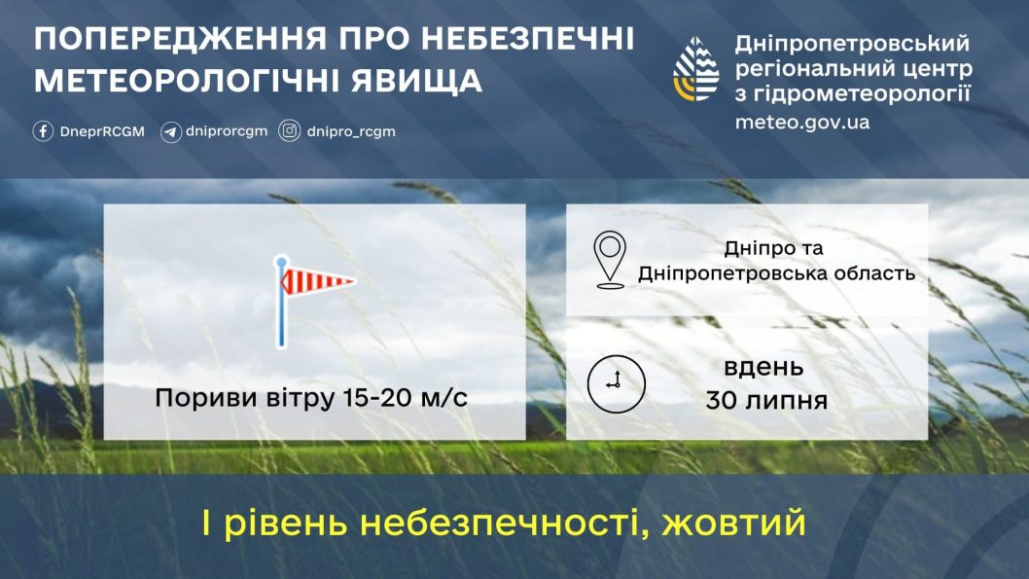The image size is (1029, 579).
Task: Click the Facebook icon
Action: (43, 131)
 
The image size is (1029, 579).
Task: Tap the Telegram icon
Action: (170, 131)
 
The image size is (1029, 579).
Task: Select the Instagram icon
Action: (290, 131)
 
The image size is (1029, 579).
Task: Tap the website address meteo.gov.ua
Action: (802, 123)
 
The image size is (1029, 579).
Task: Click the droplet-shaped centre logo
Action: (696, 69)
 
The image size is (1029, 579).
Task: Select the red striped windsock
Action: (318, 282)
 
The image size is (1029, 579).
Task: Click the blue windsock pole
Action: (281, 311)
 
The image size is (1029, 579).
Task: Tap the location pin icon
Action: (610, 260)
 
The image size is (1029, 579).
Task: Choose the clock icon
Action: (616, 382)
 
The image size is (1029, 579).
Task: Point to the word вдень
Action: (763, 368)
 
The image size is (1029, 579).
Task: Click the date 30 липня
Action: (767, 401)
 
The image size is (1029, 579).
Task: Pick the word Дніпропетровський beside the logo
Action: (853, 44)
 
